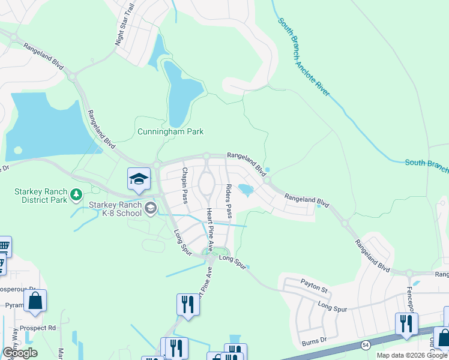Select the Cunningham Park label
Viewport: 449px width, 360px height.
170,131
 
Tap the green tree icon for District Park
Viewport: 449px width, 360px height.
76,194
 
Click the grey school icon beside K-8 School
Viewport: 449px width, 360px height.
150,209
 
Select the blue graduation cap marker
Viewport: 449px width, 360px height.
138,179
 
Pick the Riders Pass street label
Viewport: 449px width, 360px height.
229,202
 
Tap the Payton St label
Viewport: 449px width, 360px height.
315,286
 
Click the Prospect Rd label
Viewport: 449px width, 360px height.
37,328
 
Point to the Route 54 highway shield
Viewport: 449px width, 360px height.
366,344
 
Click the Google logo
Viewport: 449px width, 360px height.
19,352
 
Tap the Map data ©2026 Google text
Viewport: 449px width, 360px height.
411,355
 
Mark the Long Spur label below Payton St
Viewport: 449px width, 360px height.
333,307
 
